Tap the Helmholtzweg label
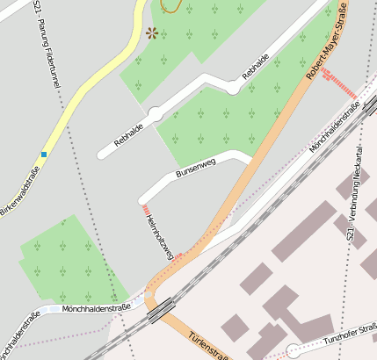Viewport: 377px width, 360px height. (159, 234)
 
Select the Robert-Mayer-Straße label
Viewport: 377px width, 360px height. (327, 44)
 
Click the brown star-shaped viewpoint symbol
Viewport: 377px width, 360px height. (152, 33)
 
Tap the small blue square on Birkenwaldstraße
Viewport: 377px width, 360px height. (43, 155)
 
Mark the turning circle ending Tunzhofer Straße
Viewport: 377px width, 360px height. (293, 351)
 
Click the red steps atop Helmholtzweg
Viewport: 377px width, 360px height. (145, 210)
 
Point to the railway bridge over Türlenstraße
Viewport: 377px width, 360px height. (162, 308)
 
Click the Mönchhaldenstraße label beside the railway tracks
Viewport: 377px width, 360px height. (335, 126)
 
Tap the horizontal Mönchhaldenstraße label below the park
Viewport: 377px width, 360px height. (97, 307)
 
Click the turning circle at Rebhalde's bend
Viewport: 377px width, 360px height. (155, 114)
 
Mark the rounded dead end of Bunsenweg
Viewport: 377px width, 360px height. (246, 157)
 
